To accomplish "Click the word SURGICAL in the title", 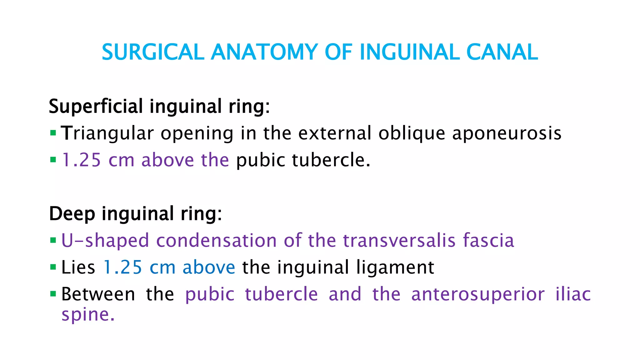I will [x=153, y=52].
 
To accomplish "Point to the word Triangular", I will [x=107, y=133].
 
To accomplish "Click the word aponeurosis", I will [x=507, y=133].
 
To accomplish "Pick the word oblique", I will [x=412, y=133].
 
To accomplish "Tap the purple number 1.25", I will [x=81, y=160].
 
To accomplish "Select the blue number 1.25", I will [x=122, y=267].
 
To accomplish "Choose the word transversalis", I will [x=399, y=241].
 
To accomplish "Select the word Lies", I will [x=78, y=267].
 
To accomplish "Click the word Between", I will [x=98, y=294].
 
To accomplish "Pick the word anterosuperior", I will [x=478, y=294].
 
